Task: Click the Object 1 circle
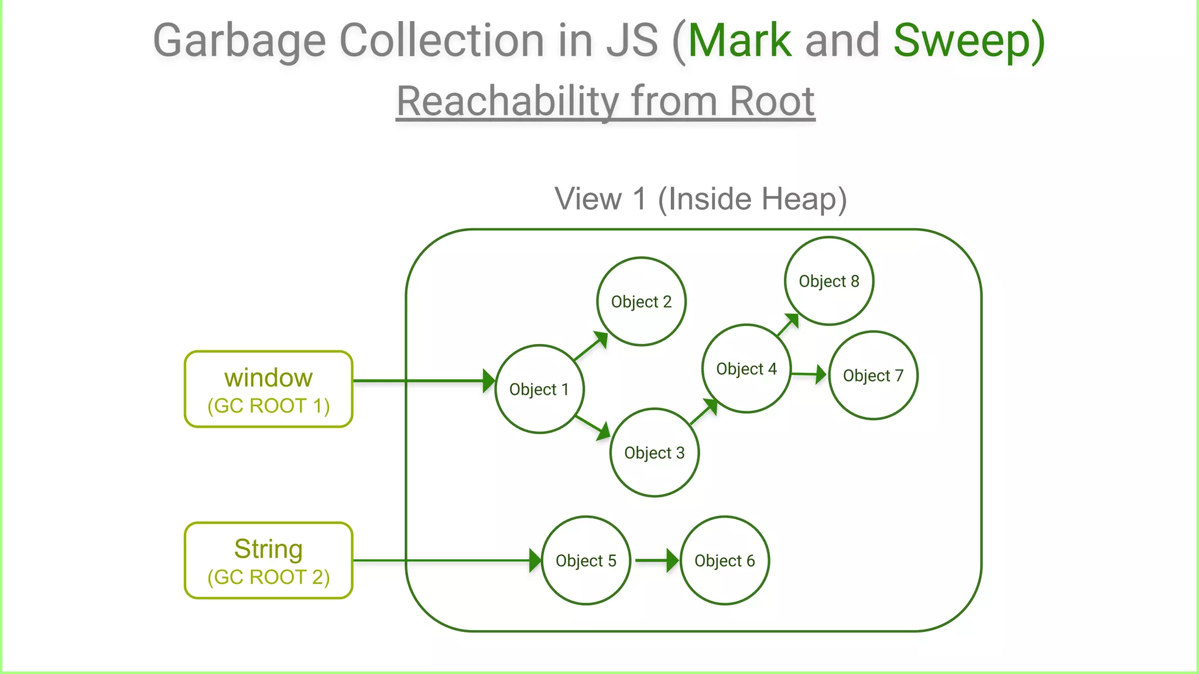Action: click(x=539, y=389)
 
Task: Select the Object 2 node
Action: click(x=641, y=301)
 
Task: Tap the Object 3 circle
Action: click(x=654, y=452)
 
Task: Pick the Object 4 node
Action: click(x=746, y=369)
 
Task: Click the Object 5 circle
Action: click(x=586, y=560)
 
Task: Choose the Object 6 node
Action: click(x=725, y=560)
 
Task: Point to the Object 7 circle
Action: click(x=873, y=375)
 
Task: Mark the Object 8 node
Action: click(x=829, y=281)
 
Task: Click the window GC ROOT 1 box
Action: click(x=269, y=389)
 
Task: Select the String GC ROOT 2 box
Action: click(x=269, y=560)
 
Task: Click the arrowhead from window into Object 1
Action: click(x=488, y=381)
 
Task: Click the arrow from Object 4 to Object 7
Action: click(x=809, y=374)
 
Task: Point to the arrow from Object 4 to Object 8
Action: click(x=788, y=325)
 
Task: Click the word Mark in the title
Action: click(x=739, y=41)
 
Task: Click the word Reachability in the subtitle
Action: click(x=507, y=101)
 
